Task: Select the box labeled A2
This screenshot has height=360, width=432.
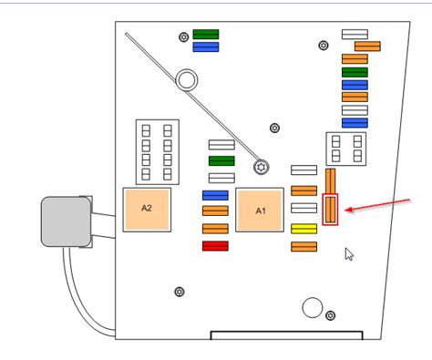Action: click(x=147, y=208)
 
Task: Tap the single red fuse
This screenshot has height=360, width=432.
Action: click(x=215, y=246)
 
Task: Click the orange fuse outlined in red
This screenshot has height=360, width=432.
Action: click(x=331, y=211)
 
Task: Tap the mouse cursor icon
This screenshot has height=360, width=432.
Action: click(x=348, y=253)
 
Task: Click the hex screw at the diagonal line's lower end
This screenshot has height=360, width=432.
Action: click(x=262, y=167)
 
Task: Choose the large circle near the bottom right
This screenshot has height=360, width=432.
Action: click(x=312, y=306)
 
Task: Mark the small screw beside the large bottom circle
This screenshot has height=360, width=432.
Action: click(x=330, y=315)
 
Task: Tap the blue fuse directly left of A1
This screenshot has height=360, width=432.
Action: click(x=215, y=195)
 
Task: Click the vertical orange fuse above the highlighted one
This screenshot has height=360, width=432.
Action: click(x=331, y=179)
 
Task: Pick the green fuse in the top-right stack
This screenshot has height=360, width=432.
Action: click(x=355, y=72)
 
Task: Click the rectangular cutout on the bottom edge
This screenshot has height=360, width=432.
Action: click(x=286, y=334)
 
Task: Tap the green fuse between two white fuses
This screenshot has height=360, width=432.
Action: click(x=221, y=160)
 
